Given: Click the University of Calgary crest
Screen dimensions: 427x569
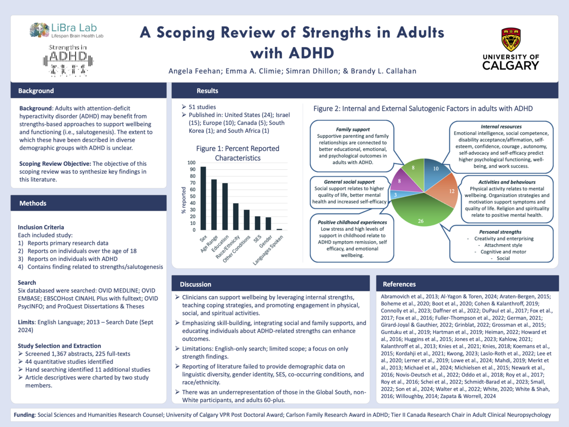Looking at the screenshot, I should point(511,40).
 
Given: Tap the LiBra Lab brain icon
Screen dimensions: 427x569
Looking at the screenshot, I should point(39,30).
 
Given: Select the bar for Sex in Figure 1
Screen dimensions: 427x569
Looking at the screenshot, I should point(203,198).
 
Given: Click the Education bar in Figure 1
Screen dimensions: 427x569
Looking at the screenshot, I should point(225,206).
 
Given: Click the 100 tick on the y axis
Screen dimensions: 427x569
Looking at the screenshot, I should point(192,163).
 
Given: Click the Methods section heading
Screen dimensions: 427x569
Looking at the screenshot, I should point(33,203).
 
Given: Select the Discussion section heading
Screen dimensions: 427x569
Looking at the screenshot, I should point(196,284).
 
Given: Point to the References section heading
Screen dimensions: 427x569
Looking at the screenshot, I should point(399,284).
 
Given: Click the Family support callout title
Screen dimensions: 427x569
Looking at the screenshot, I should point(353,129).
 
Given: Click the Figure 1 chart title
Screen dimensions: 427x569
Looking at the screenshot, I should point(237,153).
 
